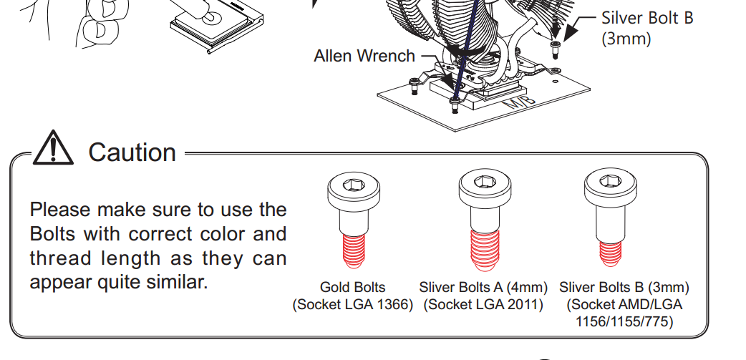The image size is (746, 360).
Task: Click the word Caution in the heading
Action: pos(132,152)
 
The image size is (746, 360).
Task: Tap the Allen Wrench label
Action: pos(364,56)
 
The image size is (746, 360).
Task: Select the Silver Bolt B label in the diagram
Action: pos(646,18)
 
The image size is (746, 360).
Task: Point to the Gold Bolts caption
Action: pos(352,288)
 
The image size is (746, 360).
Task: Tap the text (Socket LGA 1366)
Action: pos(353,305)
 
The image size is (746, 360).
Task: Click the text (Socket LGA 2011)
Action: pos(483,305)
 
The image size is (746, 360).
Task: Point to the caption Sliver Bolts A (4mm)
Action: pos(483,288)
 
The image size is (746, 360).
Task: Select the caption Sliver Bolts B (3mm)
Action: pos(624,288)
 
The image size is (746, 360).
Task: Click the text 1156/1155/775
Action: pos(624,321)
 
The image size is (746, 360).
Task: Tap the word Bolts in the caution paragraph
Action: pos(54,234)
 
